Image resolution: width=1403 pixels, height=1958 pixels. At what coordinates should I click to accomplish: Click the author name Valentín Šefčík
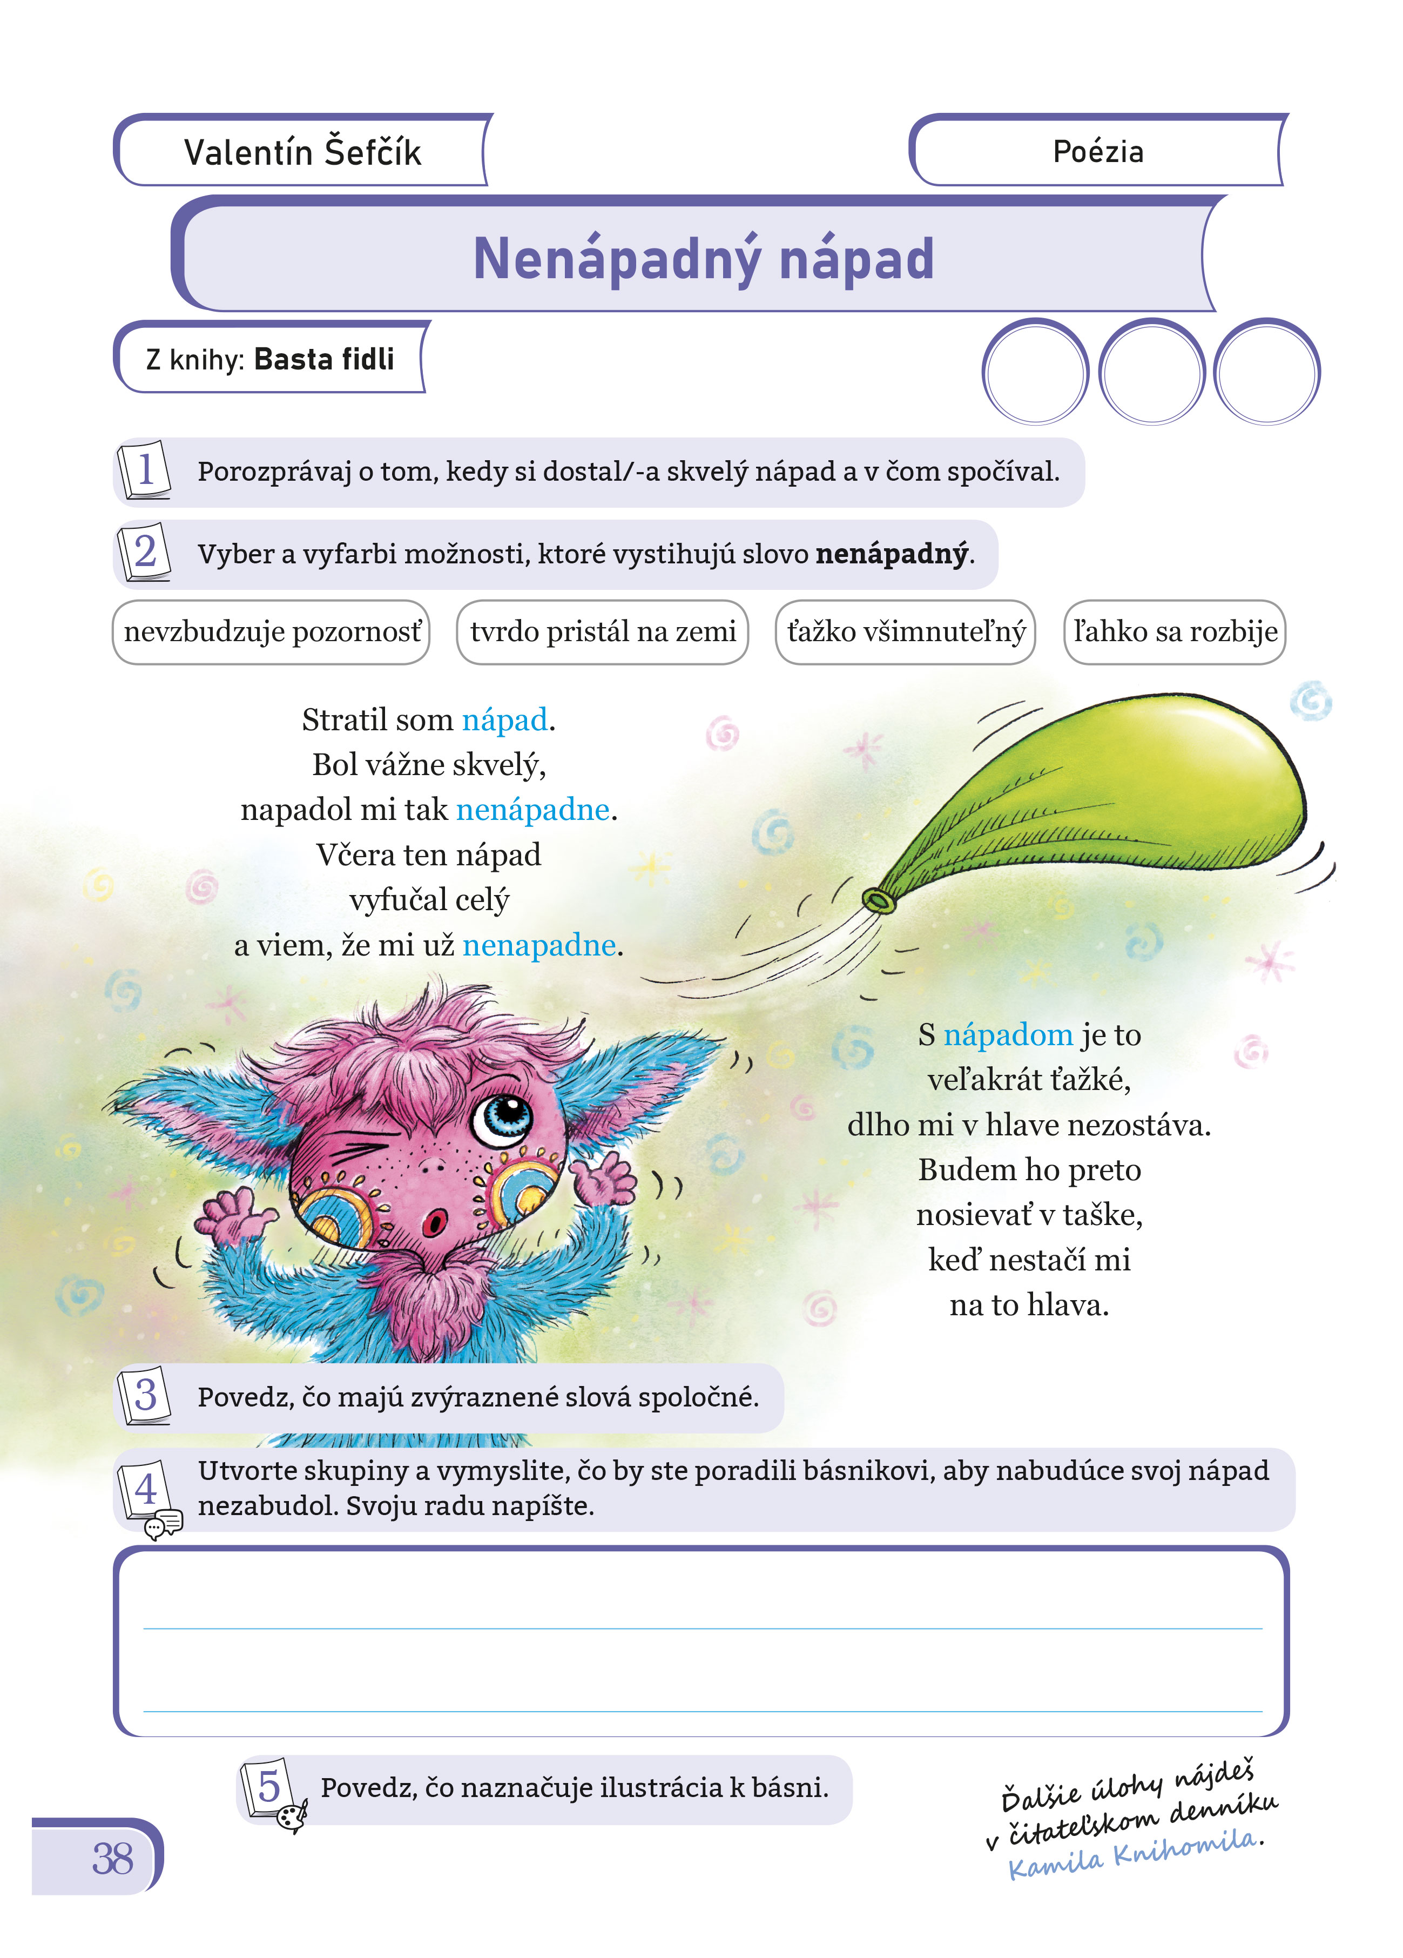coord(302,153)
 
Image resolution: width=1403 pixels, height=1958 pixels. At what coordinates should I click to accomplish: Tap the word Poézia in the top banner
coord(1097,152)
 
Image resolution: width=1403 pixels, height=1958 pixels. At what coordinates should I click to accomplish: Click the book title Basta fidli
coord(324,359)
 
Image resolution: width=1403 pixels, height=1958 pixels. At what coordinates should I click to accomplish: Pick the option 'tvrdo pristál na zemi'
coord(603,632)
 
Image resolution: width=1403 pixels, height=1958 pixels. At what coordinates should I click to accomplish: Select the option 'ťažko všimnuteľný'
coord(906,632)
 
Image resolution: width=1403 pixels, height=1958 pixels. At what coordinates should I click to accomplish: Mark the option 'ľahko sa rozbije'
coord(1175,632)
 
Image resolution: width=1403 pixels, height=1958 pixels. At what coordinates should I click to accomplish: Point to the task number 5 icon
coord(269,1787)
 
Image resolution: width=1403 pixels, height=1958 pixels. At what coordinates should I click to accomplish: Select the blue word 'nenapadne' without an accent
coord(539,945)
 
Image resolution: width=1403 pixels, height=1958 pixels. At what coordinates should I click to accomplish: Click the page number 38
coord(112,1858)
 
